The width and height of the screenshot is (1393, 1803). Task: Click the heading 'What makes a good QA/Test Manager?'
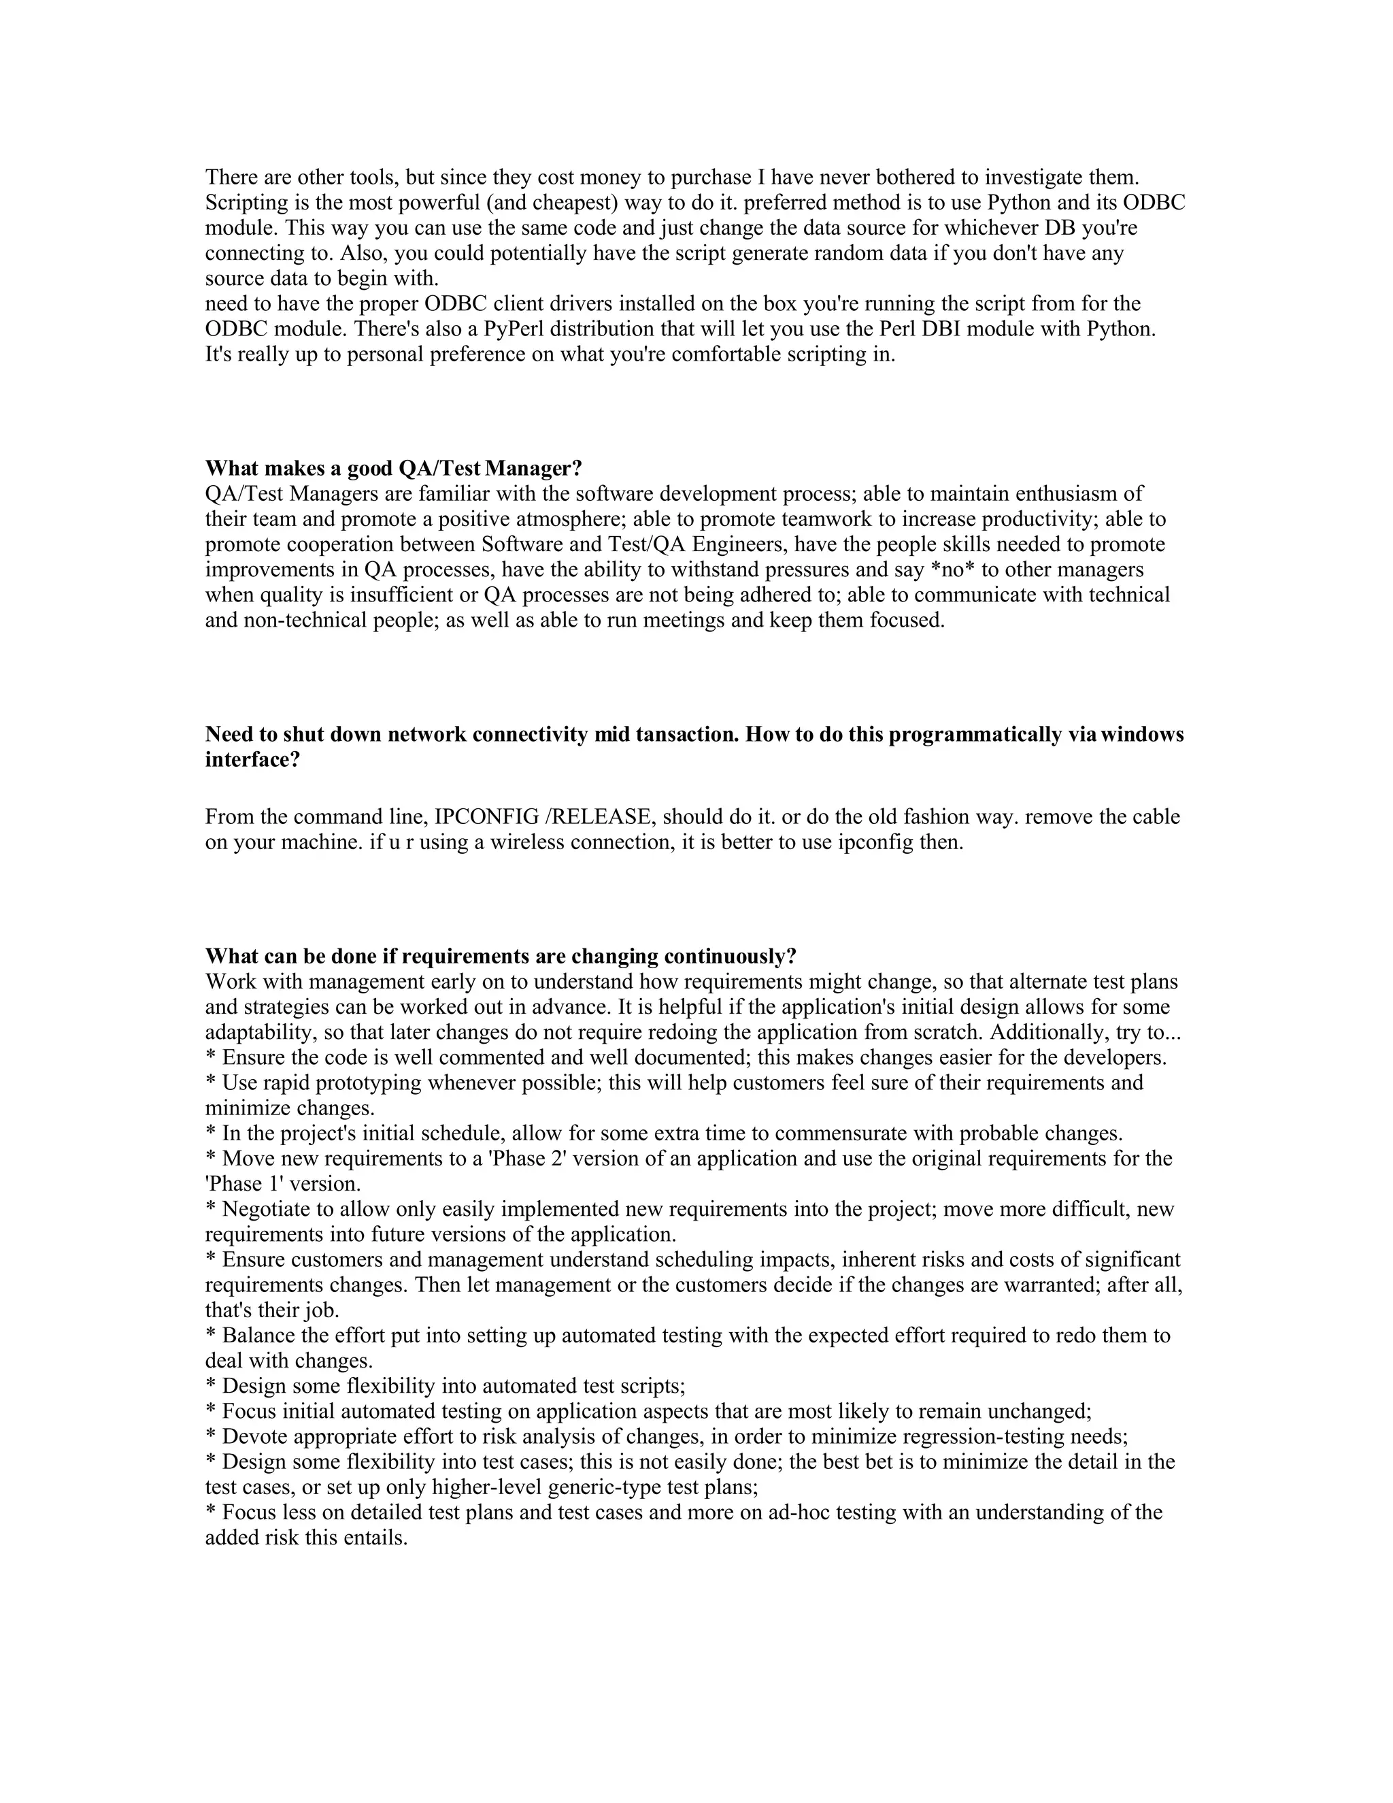[394, 469]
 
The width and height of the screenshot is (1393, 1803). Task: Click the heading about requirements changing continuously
[500, 956]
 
